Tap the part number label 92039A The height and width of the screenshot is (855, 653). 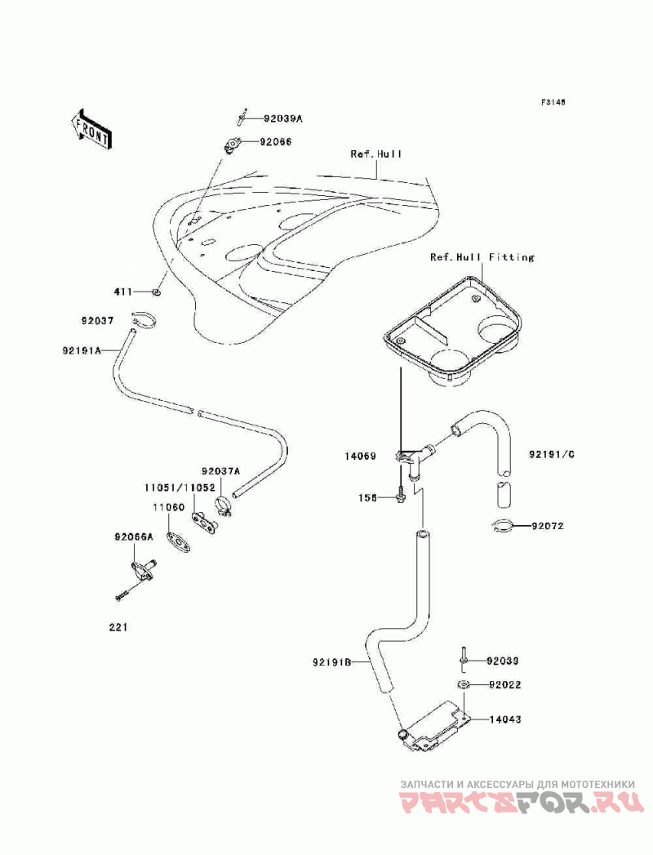(283, 118)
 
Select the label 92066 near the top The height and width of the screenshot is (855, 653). (276, 142)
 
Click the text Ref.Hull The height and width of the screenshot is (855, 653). (376, 154)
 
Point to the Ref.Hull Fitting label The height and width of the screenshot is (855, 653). (482, 257)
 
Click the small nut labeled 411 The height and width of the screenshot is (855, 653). (157, 293)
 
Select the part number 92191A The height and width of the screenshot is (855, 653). (82, 351)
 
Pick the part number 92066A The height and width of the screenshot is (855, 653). (134, 537)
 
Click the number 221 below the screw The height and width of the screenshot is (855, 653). (118, 627)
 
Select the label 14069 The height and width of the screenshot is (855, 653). (360, 456)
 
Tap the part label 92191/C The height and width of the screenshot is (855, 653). (552, 454)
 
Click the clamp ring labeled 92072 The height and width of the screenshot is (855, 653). (501, 526)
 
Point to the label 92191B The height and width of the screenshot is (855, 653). (332, 663)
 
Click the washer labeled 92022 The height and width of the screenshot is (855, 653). (463, 684)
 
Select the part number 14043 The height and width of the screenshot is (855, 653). (505, 719)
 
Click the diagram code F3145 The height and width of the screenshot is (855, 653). (553, 102)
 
